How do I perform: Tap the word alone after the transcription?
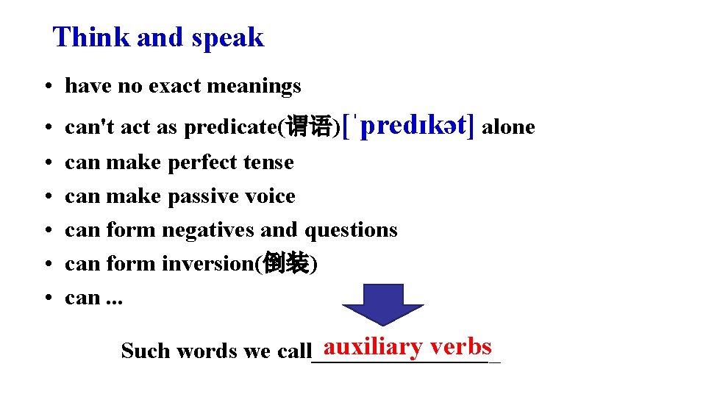coord(508,127)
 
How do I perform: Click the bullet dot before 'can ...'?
coord(46,298)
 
